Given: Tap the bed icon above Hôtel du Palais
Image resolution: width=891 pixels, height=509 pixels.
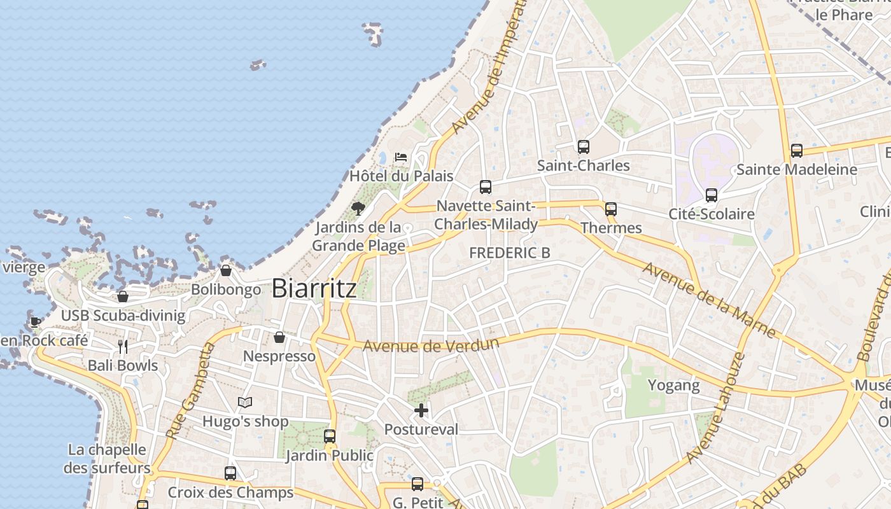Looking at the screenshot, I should (x=401, y=157).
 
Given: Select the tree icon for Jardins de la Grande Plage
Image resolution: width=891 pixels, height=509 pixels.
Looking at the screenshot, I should (x=358, y=208).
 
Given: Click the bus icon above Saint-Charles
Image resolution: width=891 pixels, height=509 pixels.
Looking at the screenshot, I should (x=584, y=147).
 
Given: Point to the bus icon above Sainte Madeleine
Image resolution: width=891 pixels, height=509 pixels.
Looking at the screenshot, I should (x=797, y=151).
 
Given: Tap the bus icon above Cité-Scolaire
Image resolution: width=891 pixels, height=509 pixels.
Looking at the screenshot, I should (x=712, y=195).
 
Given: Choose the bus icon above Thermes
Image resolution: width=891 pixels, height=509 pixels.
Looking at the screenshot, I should (x=611, y=209).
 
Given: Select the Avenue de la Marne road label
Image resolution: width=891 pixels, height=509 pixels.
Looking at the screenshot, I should (x=709, y=300).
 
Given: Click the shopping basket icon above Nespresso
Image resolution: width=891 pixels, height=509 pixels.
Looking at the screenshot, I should (x=279, y=337).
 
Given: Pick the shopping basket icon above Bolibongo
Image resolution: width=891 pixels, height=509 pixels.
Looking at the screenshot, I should (x=226, y=270).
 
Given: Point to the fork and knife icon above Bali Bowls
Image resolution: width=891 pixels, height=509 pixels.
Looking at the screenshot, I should (x=123, y=347).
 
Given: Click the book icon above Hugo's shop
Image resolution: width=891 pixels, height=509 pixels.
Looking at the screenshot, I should (x=245, y=402).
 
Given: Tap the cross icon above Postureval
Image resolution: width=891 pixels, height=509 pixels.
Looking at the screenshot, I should (x=421, y=410).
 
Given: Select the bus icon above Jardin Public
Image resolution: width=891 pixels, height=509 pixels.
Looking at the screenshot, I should (x=330, y=436).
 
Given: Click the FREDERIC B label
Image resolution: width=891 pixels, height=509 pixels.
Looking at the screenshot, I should (x=509, y=253).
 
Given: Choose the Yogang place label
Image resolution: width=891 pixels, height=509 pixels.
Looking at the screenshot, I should (x=673, y=385).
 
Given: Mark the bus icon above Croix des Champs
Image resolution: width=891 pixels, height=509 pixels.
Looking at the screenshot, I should (x=230, y=473).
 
